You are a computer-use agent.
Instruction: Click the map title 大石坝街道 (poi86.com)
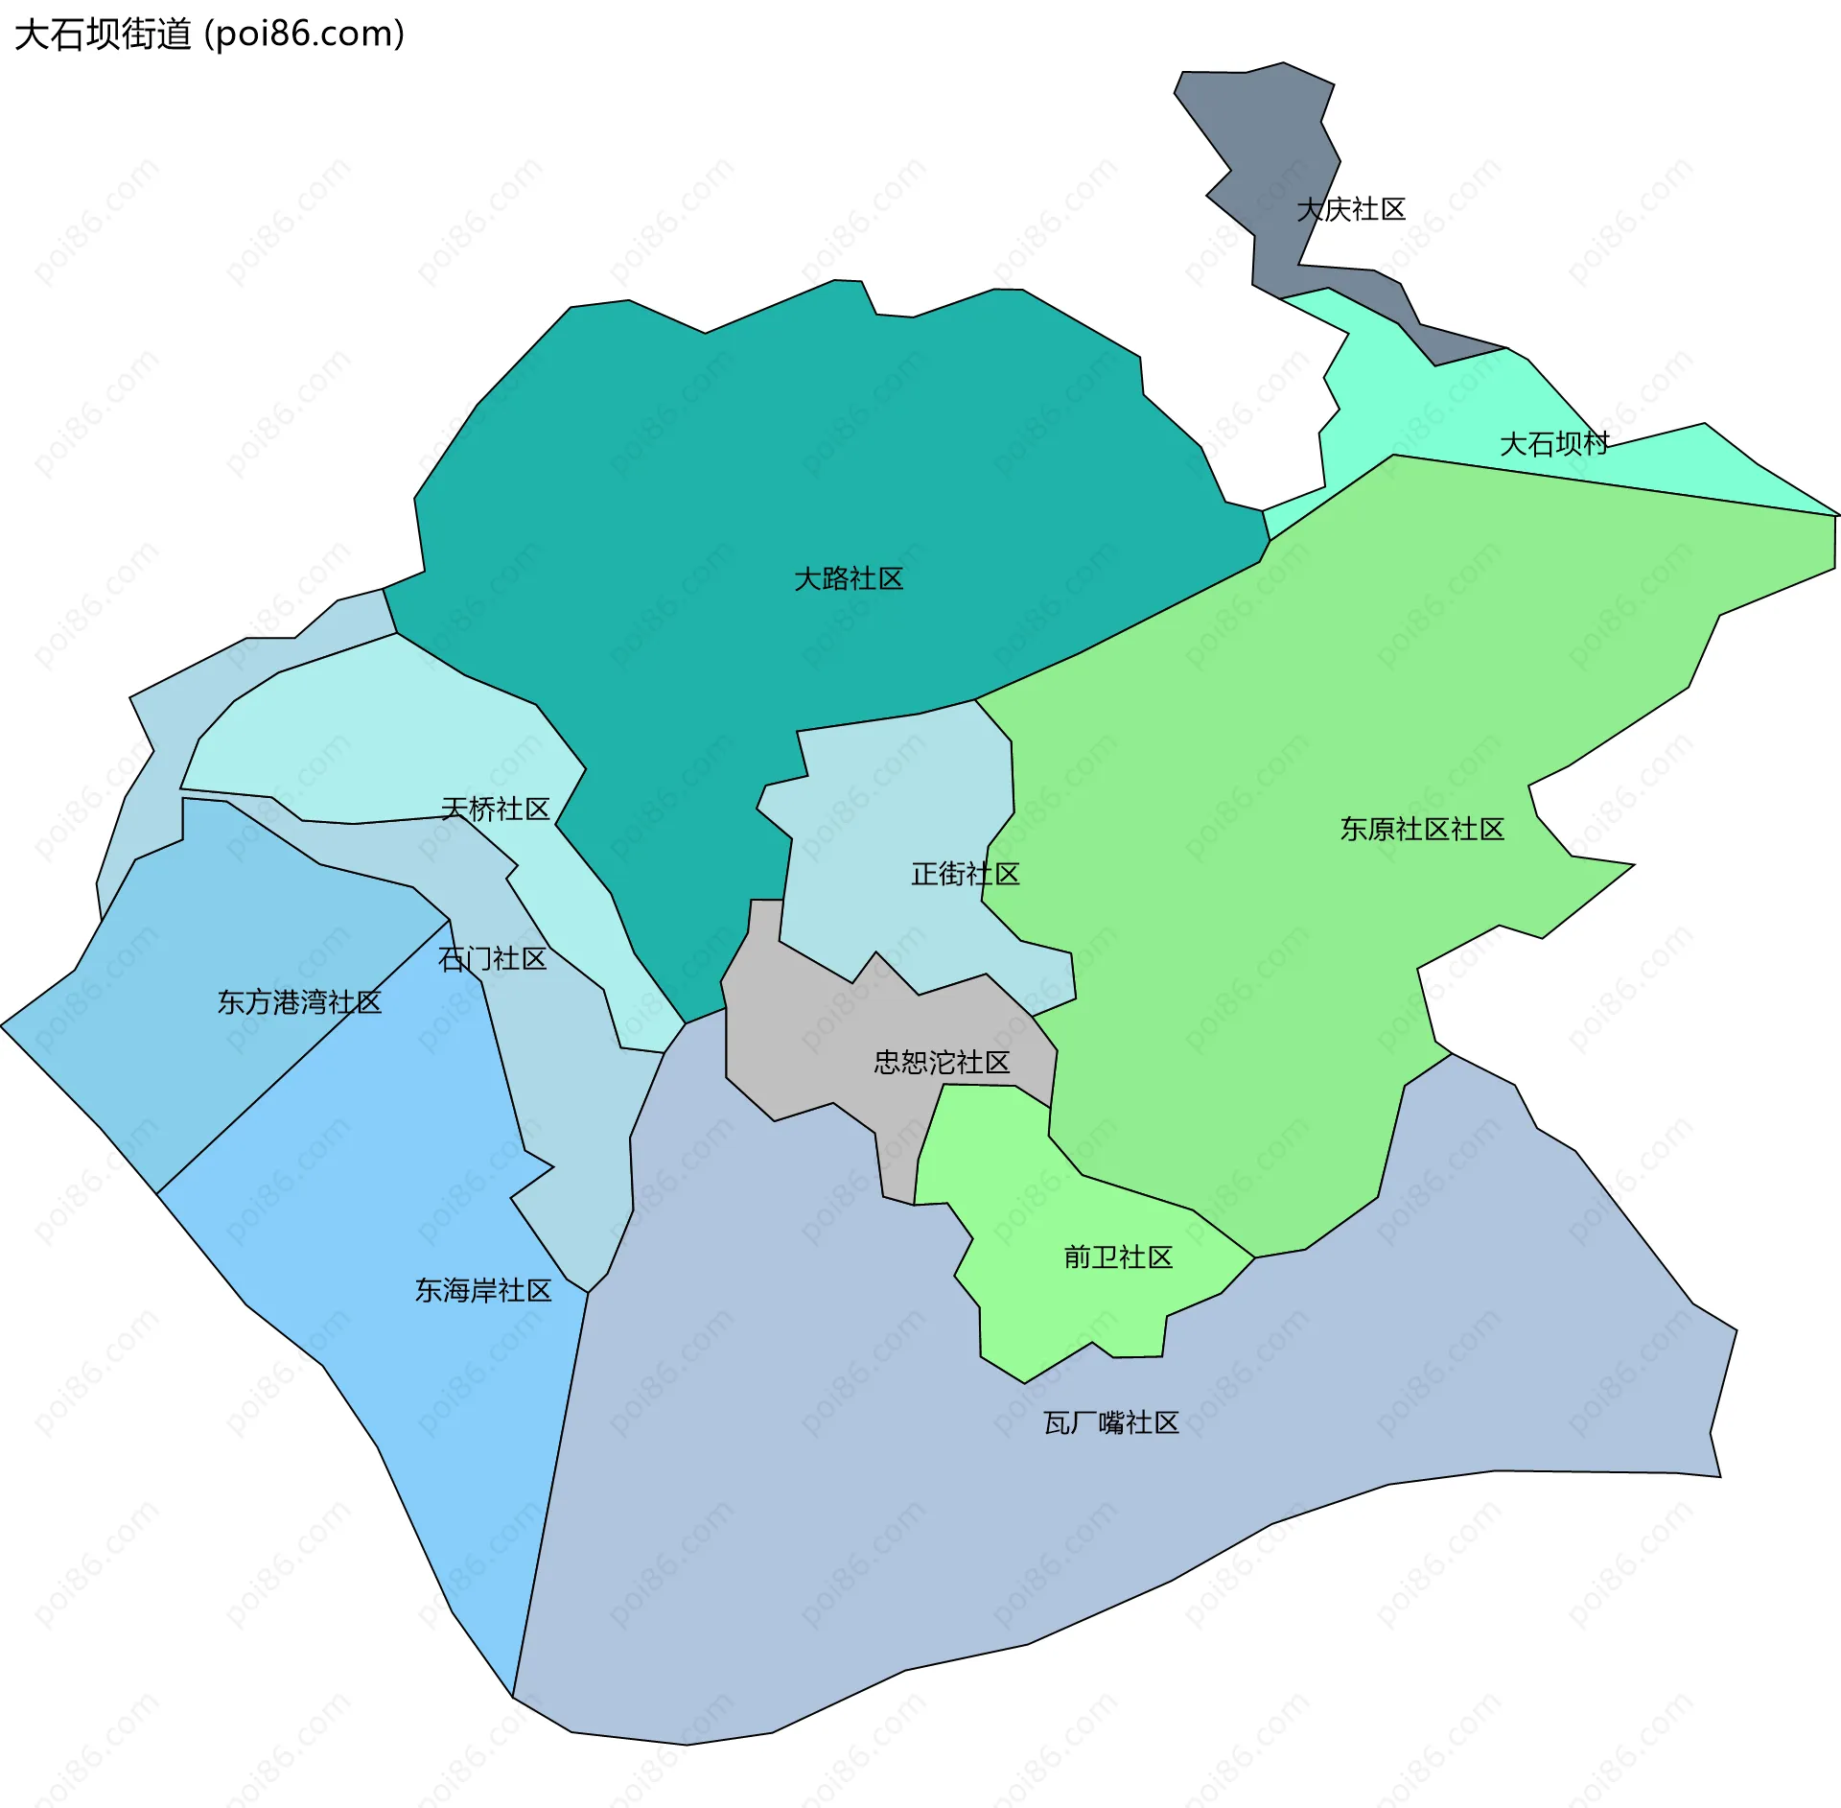(209, 35)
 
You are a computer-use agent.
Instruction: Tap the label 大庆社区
(1350, 209)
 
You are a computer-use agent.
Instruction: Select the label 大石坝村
(1553, 444)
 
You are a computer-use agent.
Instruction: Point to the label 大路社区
(849, 579)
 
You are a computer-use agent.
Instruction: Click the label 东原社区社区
(1422, 830)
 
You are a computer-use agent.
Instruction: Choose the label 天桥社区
(495, 810)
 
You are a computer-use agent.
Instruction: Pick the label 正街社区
(965, 874)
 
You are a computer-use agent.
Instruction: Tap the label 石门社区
(492, 959)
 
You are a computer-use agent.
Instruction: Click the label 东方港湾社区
(299, 1003)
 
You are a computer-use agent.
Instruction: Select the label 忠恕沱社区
(942, 1063)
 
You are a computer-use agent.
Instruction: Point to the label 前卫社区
(1118, 1257)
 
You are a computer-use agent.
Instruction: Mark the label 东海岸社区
(483, 1291)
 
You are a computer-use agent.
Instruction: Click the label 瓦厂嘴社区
(1110, 1423)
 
